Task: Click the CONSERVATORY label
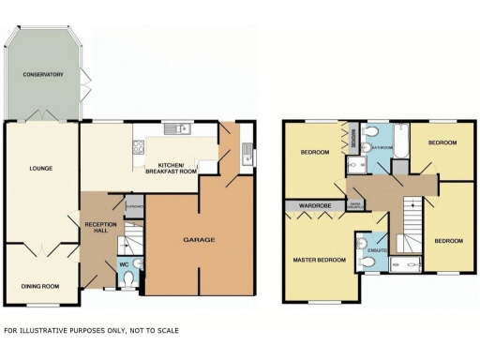coord(43,74)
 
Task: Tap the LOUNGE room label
coord(40,169)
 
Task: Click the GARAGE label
coord(199,241)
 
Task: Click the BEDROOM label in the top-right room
coord(442,142)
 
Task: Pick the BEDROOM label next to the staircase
coord(448,241)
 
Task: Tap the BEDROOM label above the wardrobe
coord(314,152)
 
